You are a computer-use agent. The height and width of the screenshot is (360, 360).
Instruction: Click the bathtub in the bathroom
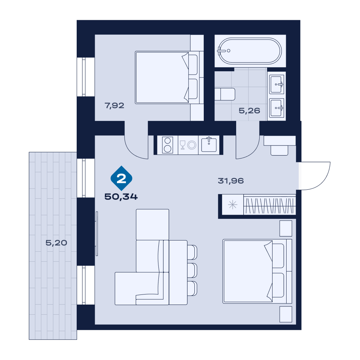(x=249, y=51)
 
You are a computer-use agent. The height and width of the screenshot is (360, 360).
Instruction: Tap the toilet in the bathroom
(x=225, y=94)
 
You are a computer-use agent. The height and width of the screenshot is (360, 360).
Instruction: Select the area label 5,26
(x=249, y=111)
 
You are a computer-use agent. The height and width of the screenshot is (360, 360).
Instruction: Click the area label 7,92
(x=114, y=105)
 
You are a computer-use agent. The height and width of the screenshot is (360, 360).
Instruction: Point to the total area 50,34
(x=121, y=197)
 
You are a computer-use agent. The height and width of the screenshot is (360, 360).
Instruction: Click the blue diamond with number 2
(x=121, y=178)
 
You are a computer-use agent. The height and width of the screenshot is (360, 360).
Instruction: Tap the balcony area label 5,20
(x=56, y=243)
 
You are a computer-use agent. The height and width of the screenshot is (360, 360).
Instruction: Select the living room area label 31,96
(x=231, y=181)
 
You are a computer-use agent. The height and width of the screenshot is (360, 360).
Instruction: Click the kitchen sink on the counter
(x=209, y=145)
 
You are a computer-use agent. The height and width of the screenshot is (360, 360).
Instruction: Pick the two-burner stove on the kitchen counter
(x=168, y=145)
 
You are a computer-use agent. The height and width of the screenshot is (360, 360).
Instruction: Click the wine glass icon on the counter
(x=183, y=145)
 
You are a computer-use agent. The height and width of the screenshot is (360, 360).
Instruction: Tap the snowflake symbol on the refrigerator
(x=233, y=204)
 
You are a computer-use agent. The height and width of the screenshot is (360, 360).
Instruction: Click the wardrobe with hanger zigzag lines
(x=270, y=204)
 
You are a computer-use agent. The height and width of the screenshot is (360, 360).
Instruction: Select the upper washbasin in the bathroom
(x=277, y=84)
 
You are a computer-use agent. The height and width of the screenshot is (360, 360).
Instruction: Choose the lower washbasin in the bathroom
(x=277, y=108)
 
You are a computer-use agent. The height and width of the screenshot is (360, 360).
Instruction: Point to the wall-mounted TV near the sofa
(x=97, y=234)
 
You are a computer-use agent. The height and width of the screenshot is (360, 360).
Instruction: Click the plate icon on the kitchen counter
(x=192, y=145)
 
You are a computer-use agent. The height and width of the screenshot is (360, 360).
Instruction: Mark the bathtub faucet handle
(x=220, y=50)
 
